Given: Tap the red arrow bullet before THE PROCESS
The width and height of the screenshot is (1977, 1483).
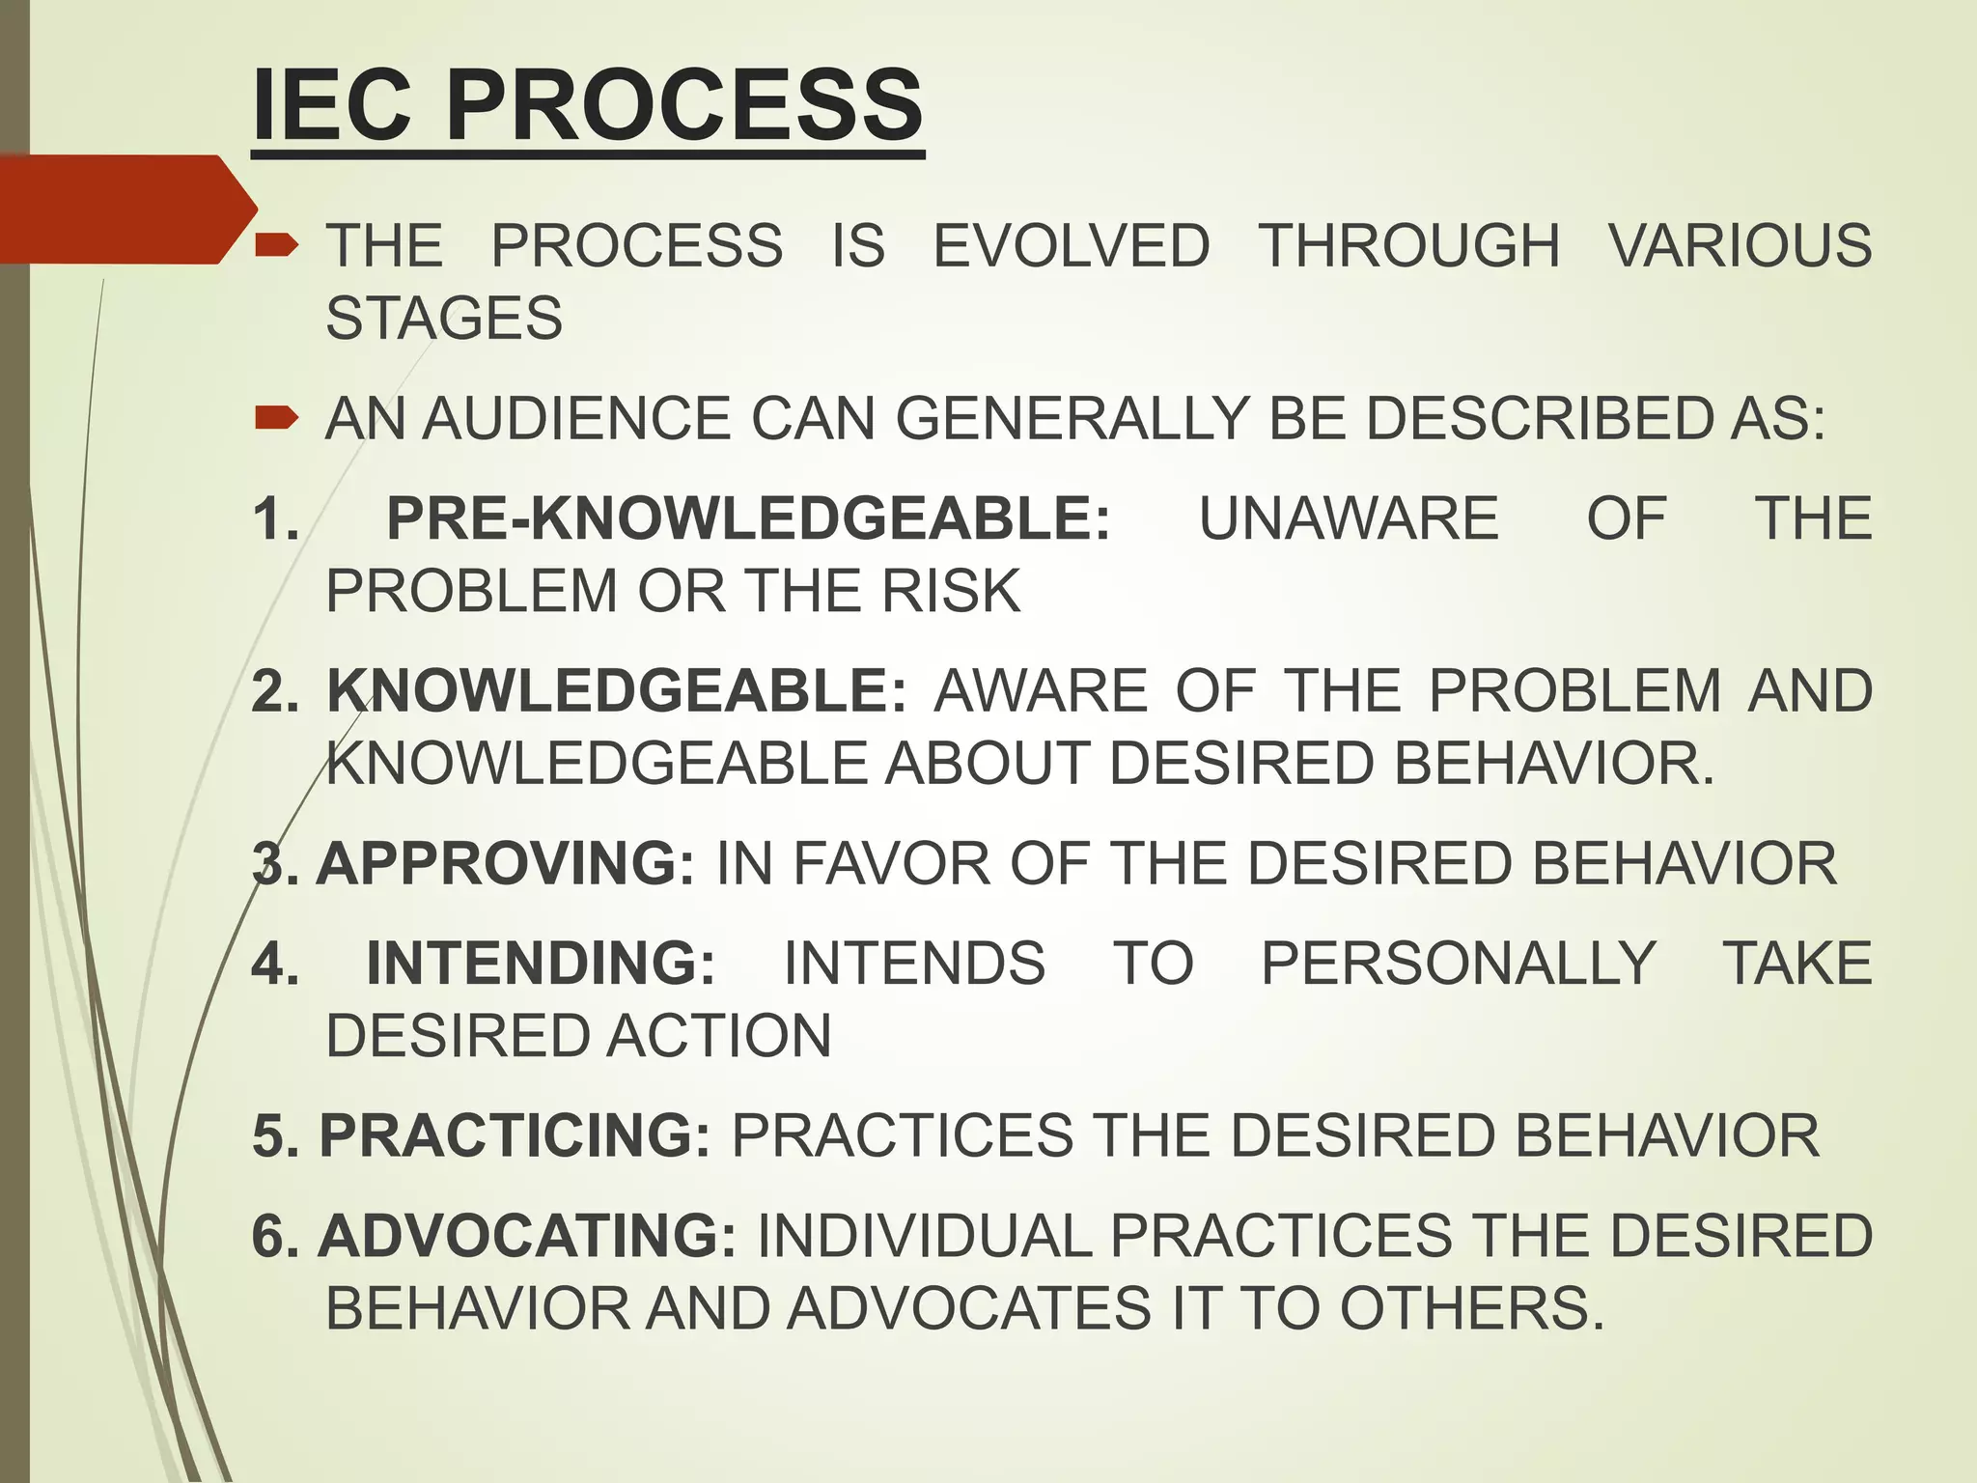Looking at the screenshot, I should [x=276, y=246].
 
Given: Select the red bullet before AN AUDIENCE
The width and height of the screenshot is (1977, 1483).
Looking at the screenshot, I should [x=276, y=418].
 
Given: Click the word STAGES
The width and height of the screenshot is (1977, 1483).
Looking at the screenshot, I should [x=444, y=319].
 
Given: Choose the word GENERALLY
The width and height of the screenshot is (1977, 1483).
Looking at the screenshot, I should [x=1072, y=419].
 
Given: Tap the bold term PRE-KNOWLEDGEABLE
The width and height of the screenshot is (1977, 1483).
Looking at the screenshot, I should [x=748, y=518].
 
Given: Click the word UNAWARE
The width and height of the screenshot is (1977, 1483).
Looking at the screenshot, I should [x=1349, y=518].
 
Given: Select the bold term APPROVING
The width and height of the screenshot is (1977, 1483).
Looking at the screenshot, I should [x=505, y=863].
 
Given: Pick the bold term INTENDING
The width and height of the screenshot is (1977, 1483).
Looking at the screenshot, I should [x=541, y=963].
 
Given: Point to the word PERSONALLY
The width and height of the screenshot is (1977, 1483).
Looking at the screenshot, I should [x=1459, y=963].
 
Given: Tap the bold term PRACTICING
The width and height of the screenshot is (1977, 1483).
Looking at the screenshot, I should [x=515, y=1135].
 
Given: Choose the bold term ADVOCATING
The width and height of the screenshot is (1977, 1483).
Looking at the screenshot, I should [x=527, y=1236].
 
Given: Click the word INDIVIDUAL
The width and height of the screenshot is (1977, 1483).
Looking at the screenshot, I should [x=924, y=1236].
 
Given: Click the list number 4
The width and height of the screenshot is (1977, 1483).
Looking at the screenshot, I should [x=273, y=963].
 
